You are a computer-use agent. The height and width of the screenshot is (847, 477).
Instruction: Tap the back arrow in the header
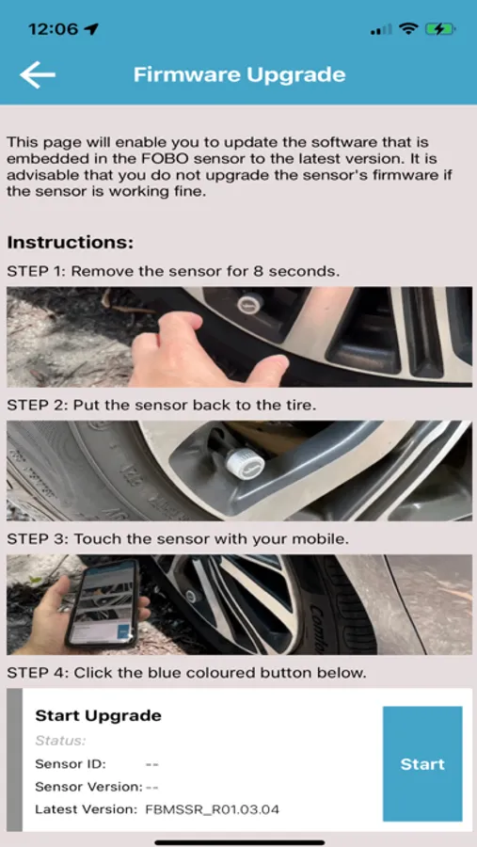point(38,74)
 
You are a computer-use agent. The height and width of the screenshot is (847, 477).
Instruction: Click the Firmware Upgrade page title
point(239,74)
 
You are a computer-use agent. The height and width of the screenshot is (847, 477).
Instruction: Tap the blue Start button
point(422,764)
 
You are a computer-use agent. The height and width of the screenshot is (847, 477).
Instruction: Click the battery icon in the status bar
point(440,29)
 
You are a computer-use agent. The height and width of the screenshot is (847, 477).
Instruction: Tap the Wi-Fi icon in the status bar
point(408,29)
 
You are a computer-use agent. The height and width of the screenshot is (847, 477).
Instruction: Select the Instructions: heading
point(71,243)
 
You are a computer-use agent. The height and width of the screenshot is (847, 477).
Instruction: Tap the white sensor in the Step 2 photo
point(245,459)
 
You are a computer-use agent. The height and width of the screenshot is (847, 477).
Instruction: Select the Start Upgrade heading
point(99,716)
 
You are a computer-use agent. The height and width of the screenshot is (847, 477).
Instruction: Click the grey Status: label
point(60,741)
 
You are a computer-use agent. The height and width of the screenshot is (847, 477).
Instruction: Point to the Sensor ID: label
point(71,764)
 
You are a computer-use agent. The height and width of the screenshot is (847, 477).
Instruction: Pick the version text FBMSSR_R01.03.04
point(213,809)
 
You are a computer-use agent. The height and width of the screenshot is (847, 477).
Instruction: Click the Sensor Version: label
point(89,787)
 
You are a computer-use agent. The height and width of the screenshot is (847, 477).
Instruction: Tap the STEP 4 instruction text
point(187,673)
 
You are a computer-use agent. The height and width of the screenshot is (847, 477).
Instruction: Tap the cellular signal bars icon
point(381,30)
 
